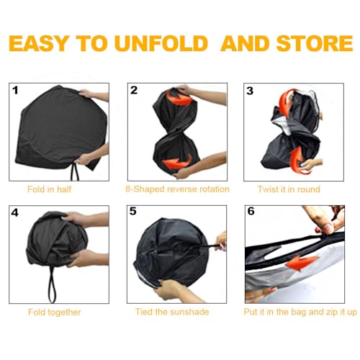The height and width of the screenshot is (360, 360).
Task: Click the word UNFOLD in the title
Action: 161,43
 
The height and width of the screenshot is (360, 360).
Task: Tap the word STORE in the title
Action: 315,43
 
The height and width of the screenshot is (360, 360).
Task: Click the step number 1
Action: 15,91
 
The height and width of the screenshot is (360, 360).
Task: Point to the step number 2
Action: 134,90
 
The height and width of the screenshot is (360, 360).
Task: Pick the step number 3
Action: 250,91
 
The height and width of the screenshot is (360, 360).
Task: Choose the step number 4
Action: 14,212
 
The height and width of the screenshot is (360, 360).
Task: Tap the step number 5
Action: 132,211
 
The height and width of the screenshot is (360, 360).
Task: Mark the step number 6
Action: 251,211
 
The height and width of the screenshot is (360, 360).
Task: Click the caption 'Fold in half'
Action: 49,189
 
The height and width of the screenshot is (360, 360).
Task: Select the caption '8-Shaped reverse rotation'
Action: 177,189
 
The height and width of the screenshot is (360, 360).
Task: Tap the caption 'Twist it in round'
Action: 289,189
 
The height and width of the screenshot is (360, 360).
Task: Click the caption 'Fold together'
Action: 54,312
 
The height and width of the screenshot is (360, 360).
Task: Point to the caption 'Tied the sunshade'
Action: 172,312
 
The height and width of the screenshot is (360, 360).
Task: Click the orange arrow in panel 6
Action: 302,262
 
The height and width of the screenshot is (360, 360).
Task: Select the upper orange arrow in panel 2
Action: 179,96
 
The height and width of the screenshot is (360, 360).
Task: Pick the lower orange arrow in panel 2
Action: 177,163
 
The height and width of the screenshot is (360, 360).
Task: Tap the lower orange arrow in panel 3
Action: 297,159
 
